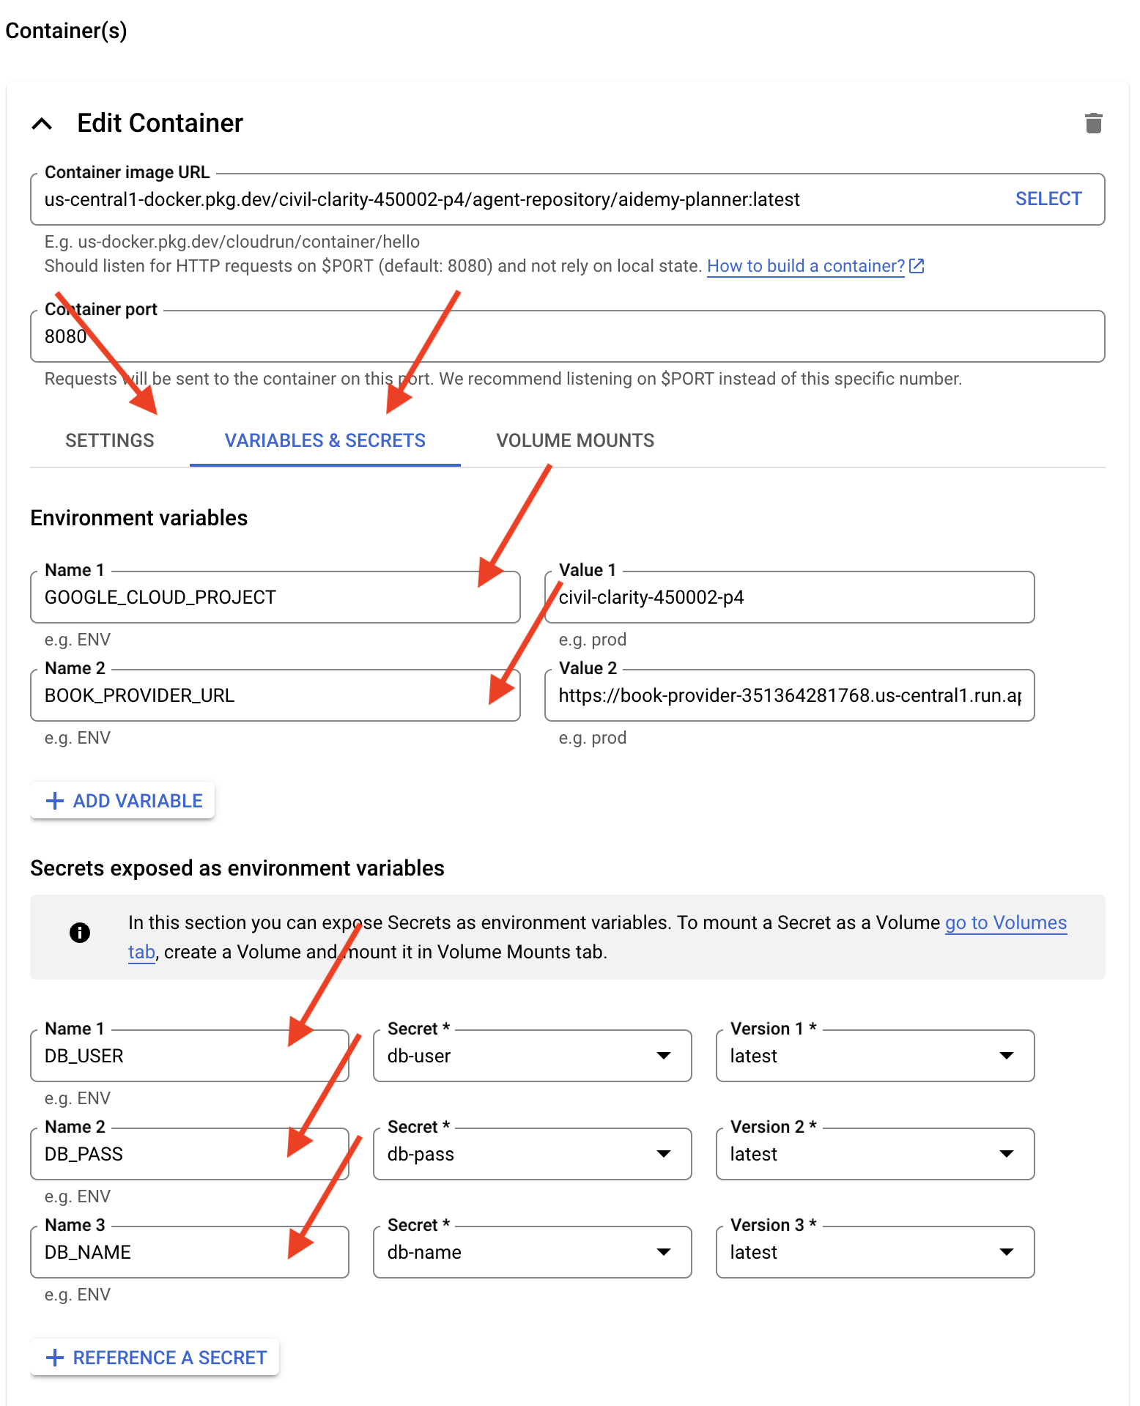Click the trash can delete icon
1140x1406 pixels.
1093,123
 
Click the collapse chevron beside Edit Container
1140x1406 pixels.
42,124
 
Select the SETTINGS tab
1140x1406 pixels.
110,440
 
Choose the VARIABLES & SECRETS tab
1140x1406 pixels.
325,440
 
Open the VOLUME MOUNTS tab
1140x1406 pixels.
575,440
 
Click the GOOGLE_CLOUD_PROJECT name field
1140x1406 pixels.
275,597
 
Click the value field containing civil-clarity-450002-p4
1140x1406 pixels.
789,597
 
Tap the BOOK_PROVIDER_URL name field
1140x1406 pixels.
275,695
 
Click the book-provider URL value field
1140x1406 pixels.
789,695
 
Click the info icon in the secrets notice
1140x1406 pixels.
80,932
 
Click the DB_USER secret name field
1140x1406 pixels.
189,1056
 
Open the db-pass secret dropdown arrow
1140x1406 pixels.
664,1154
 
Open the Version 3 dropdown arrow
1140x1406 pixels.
1007,1252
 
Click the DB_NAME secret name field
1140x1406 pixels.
189,1252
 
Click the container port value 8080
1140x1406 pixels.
66,336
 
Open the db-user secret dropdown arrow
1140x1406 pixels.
664,1056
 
